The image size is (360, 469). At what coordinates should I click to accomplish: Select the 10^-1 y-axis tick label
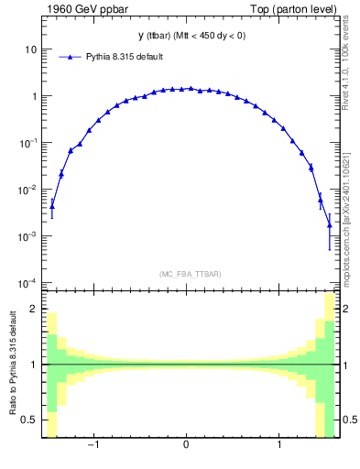click(x=28, y=142)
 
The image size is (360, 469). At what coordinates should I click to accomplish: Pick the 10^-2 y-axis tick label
click(x=28, y=189)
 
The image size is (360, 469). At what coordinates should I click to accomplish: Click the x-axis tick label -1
click(x=93, y=446)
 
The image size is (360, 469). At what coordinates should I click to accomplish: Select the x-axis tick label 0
click(x=187, y=446)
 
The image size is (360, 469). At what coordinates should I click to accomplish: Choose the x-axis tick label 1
click(x=280, y=446)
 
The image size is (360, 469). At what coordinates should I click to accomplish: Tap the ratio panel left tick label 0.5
click(x=30, y=420)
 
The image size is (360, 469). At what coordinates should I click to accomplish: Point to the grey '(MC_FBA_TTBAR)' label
click(x=186, y=274)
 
